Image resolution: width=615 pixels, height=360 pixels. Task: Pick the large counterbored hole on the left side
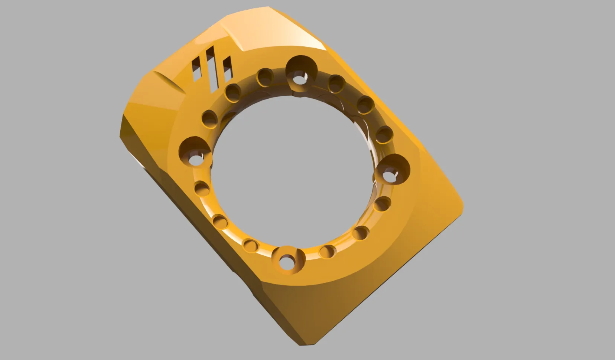[x=194, y=153]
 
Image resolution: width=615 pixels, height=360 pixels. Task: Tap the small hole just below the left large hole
[x=202, y=189]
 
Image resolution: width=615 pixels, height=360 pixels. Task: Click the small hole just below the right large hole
[x=382, y=204]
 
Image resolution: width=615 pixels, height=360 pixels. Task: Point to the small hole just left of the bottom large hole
[x=251, y=246]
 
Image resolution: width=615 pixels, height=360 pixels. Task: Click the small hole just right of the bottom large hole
[x=326, y=252]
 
